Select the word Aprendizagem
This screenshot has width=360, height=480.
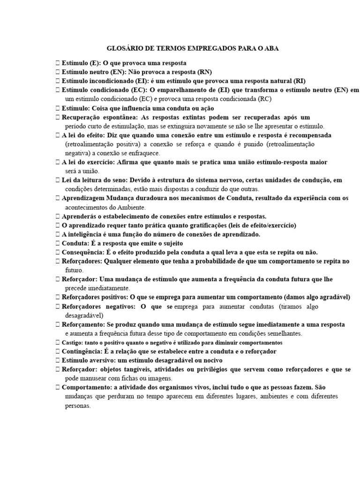[x=85, y=198]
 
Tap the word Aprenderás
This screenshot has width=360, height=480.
[x=81, y=216]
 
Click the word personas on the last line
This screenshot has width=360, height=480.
[x=77, y=405]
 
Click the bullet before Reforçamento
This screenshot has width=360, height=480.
[x=57, y=324]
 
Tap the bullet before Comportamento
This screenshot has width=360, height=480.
[x=57, y=388]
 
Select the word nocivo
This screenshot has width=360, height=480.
[x=211, y=360]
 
